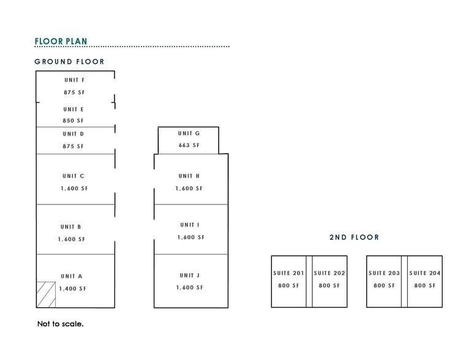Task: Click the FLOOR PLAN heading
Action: click(61, 41)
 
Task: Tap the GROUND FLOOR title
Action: click(69, 62)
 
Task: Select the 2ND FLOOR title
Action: click(355, 238)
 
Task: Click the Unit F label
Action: click(75, 80)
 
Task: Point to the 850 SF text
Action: click(73, 121)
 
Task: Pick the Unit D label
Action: click(73, 134)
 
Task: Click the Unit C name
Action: click(73, 176)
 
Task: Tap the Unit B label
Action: click(71, 227)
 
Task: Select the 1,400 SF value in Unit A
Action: click(72, 289)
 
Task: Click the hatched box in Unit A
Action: click(46, 294)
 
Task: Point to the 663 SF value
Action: click(189, 145)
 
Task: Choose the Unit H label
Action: click(189, 176)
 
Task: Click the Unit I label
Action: click(190, 225)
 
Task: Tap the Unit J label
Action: click(190, 276)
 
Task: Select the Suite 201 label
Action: click(288, 273)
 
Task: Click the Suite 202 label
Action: click(329, 273)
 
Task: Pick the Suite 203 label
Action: click(384, 273)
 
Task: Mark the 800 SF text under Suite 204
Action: click(425, 286)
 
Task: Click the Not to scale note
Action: click(61, 324)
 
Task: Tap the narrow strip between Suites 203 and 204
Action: click(404, 282)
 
